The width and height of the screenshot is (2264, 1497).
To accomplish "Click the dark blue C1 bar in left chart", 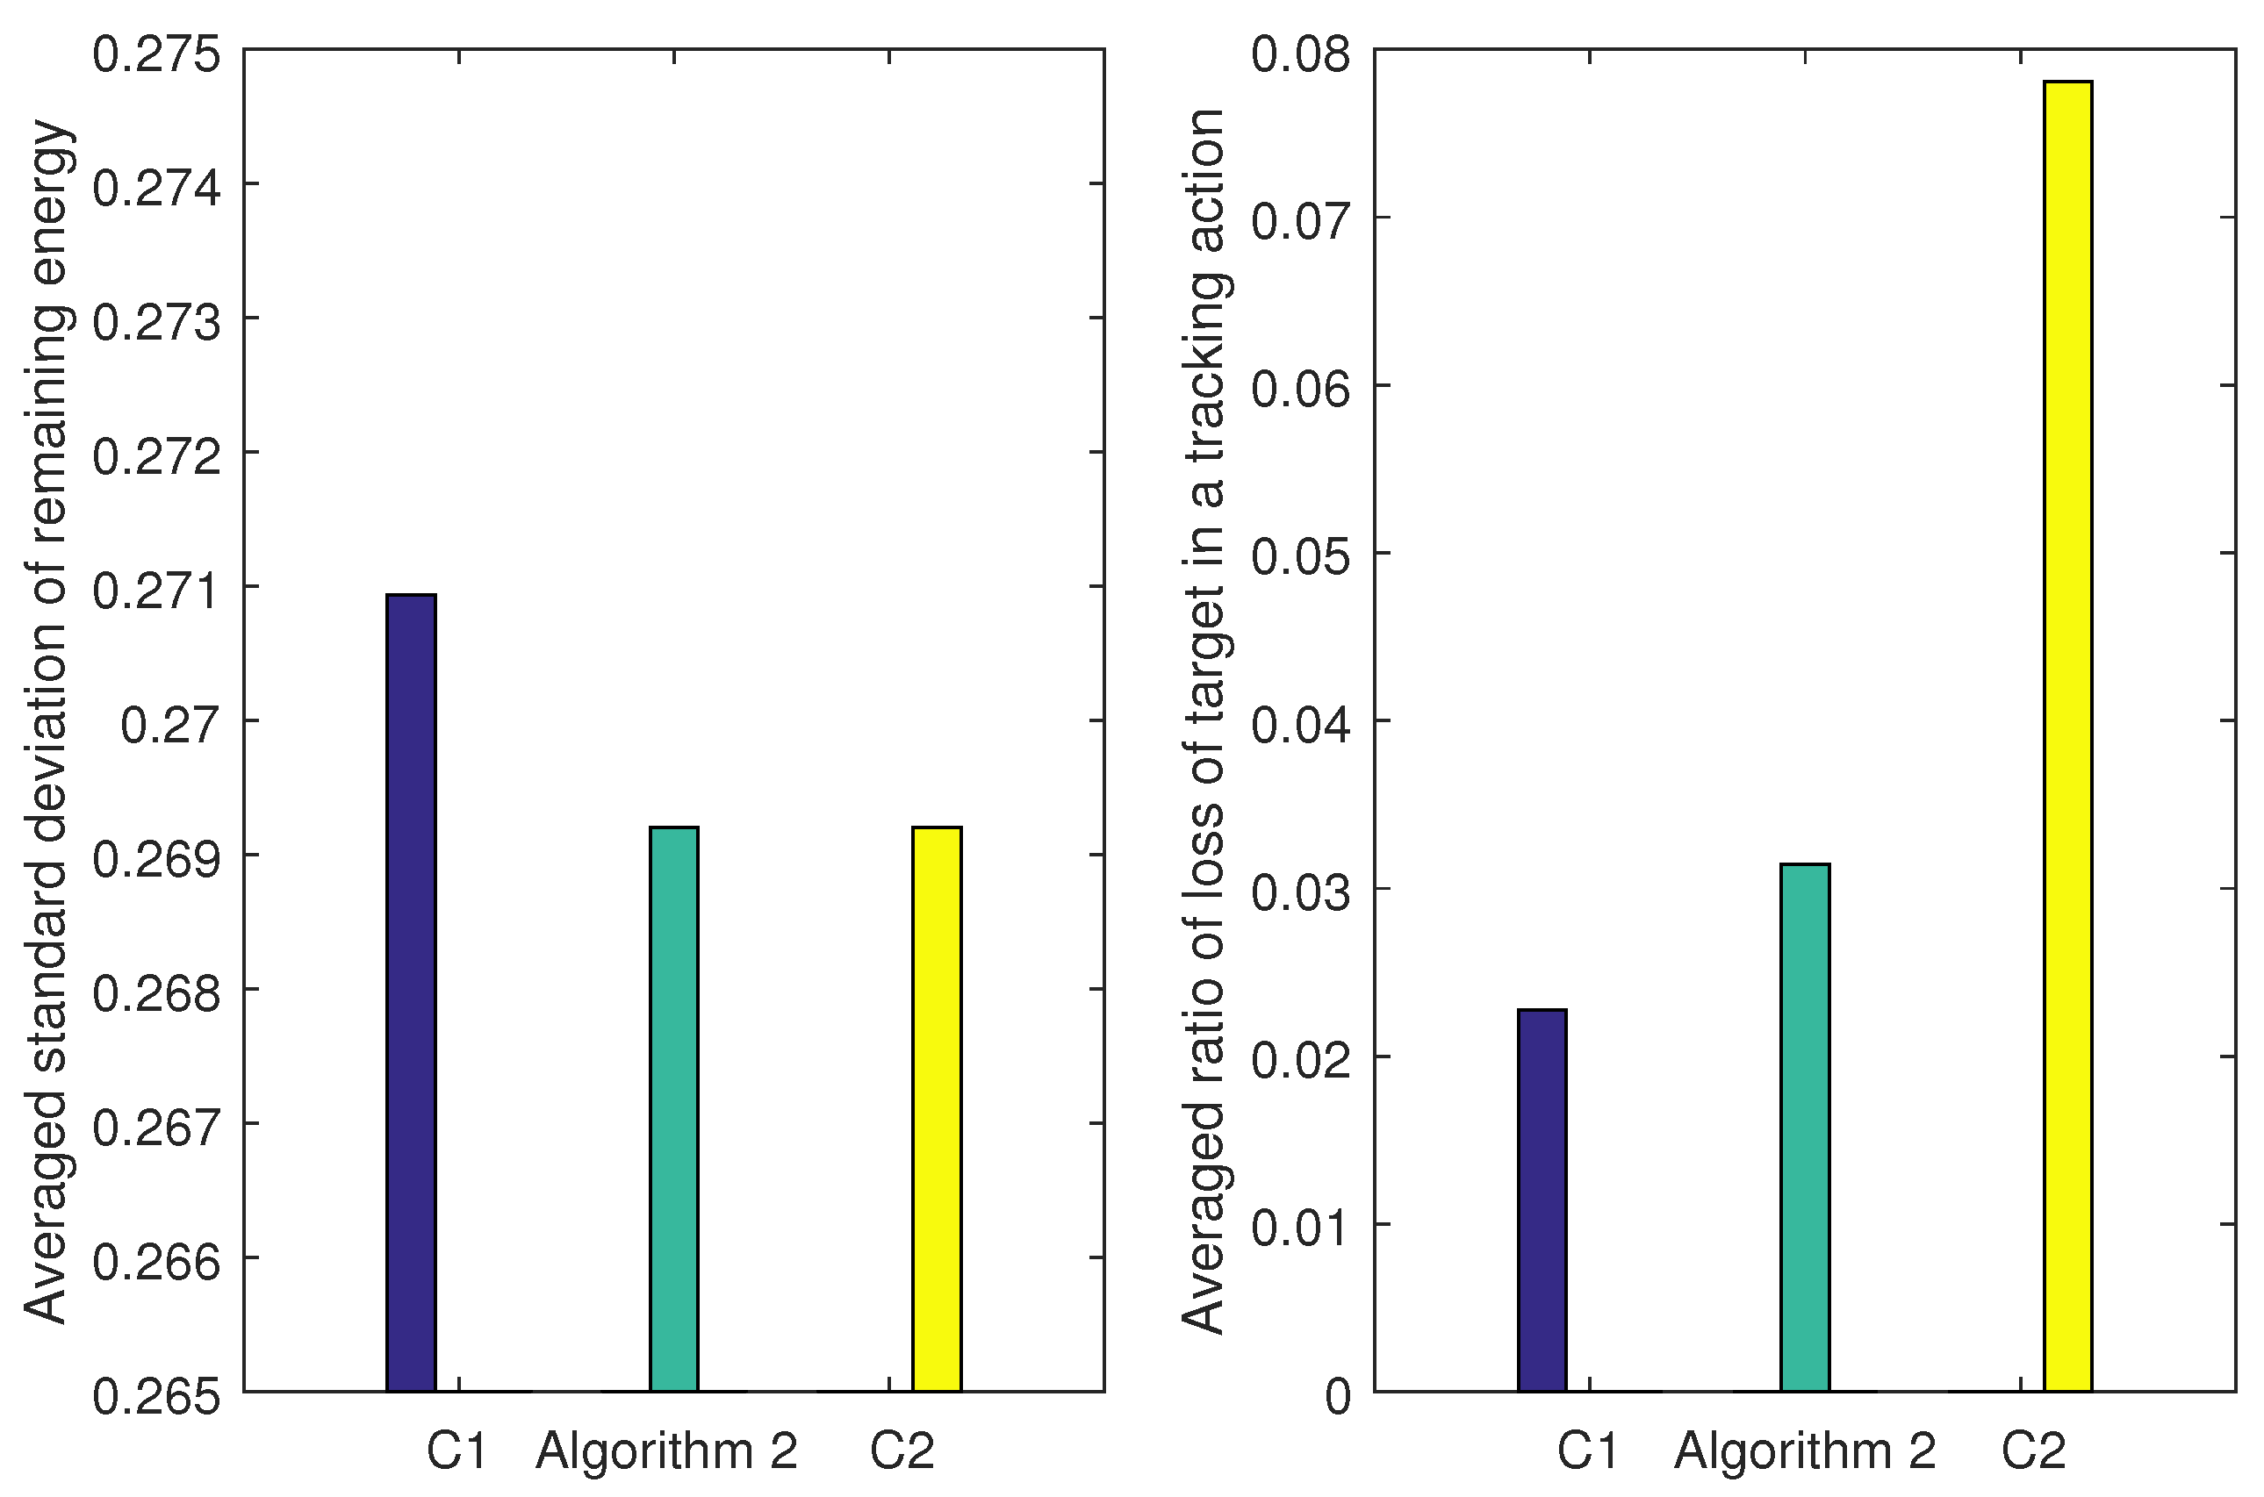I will coord(411,993).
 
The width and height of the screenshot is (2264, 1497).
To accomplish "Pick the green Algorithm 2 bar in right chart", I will coord(1805,1127).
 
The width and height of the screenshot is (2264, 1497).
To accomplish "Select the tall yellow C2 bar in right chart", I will coord(2068,735).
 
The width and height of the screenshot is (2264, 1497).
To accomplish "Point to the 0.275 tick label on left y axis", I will coord(156,54).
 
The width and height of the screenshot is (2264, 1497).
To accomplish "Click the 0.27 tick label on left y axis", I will coord(170,726).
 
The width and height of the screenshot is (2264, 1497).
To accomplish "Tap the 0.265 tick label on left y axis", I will coord(156,1398).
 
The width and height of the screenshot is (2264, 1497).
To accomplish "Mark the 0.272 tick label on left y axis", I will coord(156,457).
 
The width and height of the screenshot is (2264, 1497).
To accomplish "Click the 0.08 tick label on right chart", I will coord(1302,54).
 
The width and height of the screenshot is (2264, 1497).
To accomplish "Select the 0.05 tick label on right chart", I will coord(1302,557).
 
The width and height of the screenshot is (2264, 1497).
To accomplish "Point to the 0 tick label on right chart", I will coord(1339,1398).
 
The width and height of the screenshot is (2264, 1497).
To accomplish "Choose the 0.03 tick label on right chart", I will coord(1302,893).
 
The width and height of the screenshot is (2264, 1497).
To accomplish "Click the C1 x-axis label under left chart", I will coord(456,1452).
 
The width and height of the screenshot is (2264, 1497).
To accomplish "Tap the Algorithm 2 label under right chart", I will coord(1805,1452).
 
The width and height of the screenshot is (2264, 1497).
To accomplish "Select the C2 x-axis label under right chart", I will coord(2033,1452).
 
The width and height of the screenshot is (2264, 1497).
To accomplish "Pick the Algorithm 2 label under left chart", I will coord(666,1452).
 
